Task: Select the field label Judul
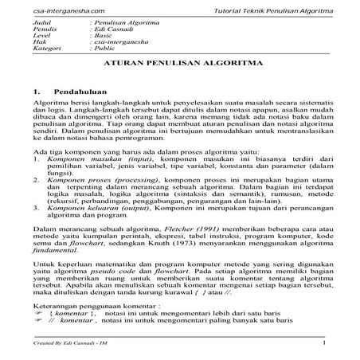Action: (33, 25)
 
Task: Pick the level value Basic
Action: (103, 37)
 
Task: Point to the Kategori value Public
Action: (104, 50)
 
